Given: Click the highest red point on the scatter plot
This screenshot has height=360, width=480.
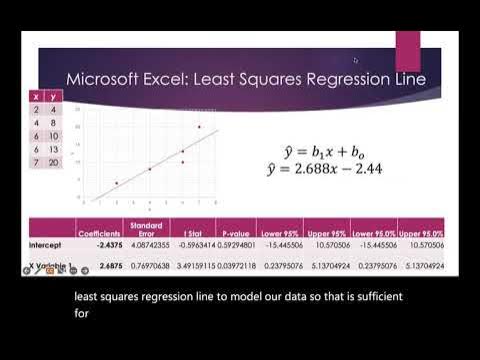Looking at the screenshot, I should pyautogui.click(x=199, y=127).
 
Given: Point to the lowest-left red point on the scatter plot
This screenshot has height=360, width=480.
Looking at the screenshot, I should pyautogui.click(x=116, y=183).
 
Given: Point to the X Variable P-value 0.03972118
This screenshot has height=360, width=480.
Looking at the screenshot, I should pyautogui.click(x=230, y=267).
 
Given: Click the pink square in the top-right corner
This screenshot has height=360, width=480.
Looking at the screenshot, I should pyautogui.click(x=408, y=50).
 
